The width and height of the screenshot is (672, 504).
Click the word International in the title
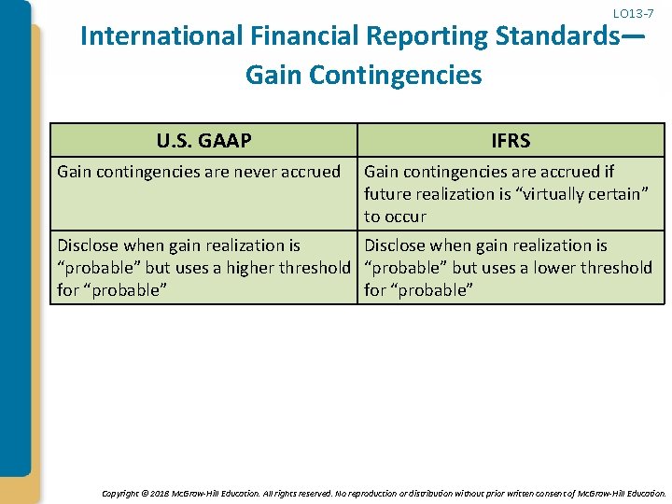[161, 37]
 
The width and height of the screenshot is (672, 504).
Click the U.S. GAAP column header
[203, 141]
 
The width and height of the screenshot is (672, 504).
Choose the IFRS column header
[511, 141]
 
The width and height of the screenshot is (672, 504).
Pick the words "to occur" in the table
[395, 217]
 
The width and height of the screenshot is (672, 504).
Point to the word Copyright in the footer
[119, 493]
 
